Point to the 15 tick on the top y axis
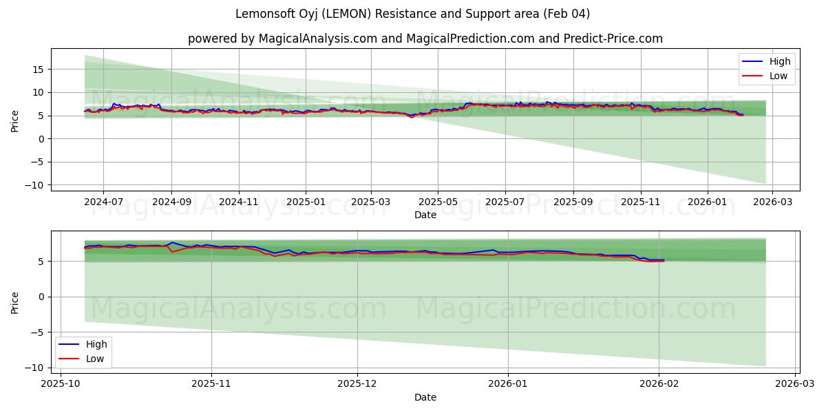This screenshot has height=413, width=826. [39, 69]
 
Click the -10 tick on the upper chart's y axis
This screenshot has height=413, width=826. [36, 185]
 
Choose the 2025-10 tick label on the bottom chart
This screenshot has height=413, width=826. [61, 383]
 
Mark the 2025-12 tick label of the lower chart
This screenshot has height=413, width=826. [358, 383]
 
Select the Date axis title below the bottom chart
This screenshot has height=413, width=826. [425, 397]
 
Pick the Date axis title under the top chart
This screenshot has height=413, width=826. [425, 215]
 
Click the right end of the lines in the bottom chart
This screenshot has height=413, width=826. [664, 260]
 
